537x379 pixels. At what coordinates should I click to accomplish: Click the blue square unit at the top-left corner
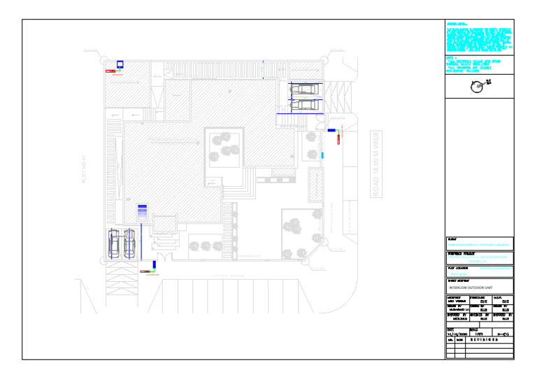click(x=120, y=64)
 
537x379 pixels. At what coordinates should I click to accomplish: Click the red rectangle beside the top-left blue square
click(x=110, y=71)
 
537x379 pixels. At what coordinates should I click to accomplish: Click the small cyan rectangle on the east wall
click(x=322, y=155)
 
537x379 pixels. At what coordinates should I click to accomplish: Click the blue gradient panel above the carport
click(x=142, y=211)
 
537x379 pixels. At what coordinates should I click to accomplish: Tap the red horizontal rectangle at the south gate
click(x=145, y=271)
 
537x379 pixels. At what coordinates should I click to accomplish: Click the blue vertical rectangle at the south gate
click(x=154, y=265)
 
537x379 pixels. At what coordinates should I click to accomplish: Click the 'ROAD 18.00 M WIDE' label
click(x=375, y=164)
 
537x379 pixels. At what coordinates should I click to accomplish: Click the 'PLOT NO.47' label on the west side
click(x=83, y=169)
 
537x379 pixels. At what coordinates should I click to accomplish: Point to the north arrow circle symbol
click(x=478, y=86)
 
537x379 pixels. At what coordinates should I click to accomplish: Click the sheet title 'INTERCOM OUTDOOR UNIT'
click(x=472, y=287)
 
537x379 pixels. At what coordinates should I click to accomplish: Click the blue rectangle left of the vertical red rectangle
click(x=331, y=131)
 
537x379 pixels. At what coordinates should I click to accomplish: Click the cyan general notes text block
click(x=479, y=41)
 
